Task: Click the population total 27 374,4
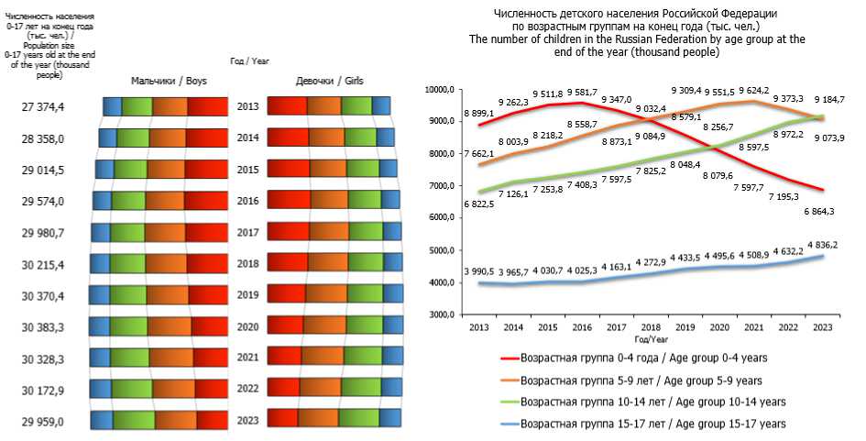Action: pos(43,107)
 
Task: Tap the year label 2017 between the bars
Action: pos(248,233)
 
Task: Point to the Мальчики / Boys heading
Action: pos(169,81)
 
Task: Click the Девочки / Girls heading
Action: pos(329,81)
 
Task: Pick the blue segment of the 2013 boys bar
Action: pos(111,106)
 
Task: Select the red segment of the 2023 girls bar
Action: pos(282,417)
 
